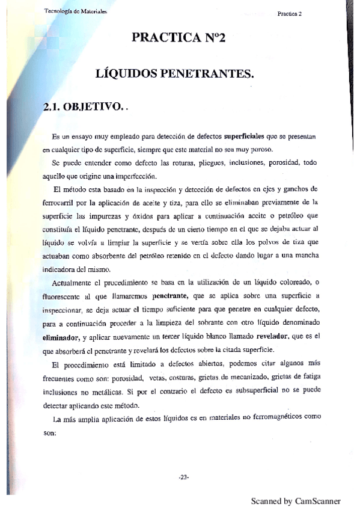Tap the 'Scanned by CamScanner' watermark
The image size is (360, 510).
click(x=296, y=500)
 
